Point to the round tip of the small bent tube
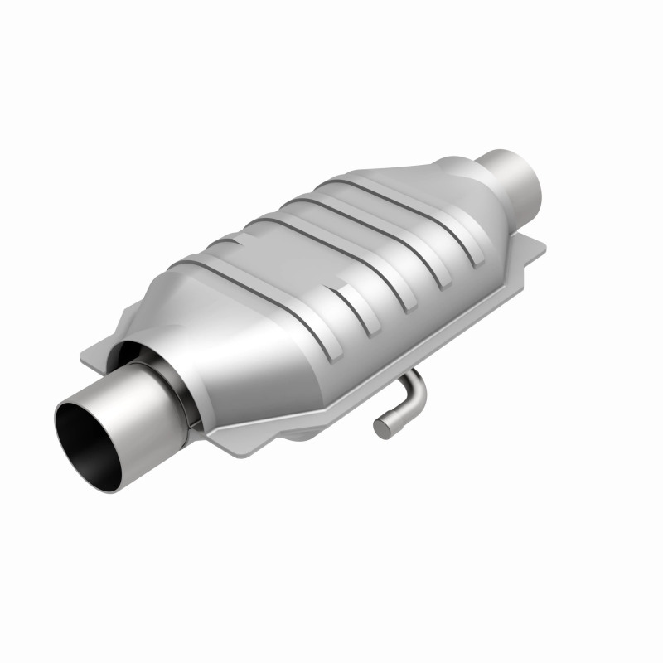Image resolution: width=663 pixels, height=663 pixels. [x=381, y=429]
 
